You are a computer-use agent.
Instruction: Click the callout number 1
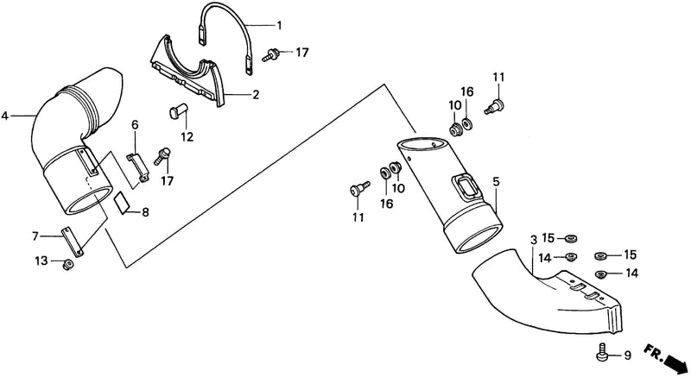(x=279, y=25)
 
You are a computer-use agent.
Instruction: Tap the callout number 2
(x=256, y=95)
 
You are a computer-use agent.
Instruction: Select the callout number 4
(x=5, y=116)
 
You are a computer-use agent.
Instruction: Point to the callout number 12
(x=187, y=137)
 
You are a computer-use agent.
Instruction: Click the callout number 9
(x=627, y=355)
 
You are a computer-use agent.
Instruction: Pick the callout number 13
(x=41, y=261)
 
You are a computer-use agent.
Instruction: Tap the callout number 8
(x=145, y=212)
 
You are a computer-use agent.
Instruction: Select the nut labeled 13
(x=67, y=264)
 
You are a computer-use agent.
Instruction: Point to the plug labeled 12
(x=178, y=110)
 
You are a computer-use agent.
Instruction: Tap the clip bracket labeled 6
(x=138, y=167)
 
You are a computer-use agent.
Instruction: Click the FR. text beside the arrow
(x=653, y=350)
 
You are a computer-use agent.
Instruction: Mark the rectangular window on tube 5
(x=466, y=188)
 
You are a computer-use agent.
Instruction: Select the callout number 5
(x=496, y=182)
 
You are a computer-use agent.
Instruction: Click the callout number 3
(x=533, y=240)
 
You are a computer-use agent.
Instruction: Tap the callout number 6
(x=135, y=125)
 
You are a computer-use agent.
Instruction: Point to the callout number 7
(x=35, y=236)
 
